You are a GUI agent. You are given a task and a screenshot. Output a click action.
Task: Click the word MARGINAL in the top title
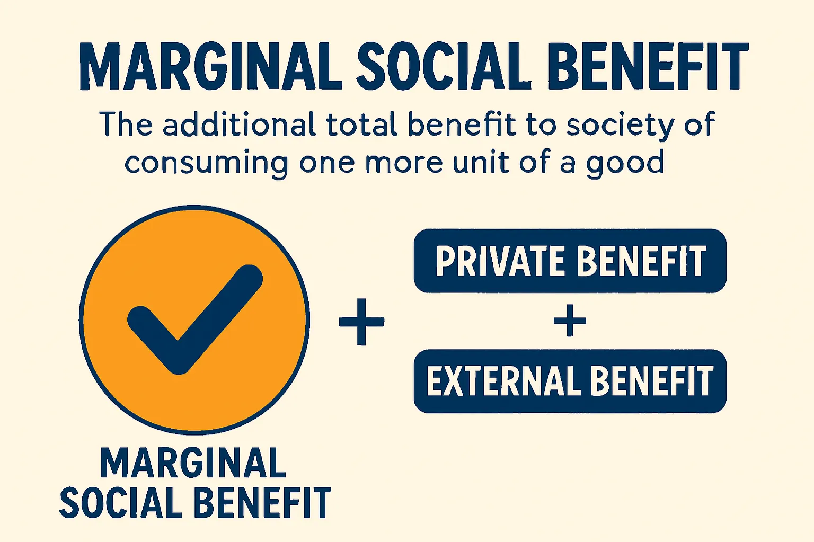click(211, 66)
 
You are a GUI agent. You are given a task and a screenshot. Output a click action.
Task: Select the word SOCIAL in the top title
click(444, 66)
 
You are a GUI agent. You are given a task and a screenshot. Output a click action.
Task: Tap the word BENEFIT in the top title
click(648, 66)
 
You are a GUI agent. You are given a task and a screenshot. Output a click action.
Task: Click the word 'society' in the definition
click(621, 126)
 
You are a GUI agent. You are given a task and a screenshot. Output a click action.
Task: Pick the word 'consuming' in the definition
click(207, 163)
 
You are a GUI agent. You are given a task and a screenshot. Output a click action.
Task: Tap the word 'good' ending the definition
click(625, 163)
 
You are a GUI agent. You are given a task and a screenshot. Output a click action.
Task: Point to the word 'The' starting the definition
click(126, 125)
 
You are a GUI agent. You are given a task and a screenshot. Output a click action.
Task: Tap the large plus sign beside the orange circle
click(361, 322)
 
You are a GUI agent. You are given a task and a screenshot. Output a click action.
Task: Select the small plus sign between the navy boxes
click(570, 321)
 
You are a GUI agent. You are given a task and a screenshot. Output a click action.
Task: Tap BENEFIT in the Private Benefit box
click(641, 261)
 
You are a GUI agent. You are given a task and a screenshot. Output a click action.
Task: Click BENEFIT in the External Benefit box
click(651, 381)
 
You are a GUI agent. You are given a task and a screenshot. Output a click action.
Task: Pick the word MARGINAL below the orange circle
click(193, 463)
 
